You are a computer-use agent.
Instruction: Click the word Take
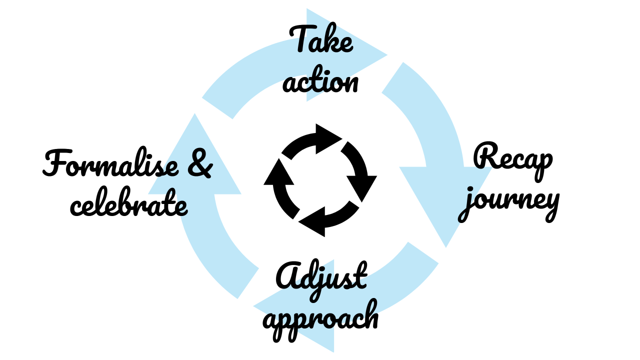pos(321,39)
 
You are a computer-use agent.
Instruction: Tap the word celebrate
pos(129,201)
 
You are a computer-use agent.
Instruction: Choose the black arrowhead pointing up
pos(279,172)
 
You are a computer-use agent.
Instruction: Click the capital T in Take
pos(301,39)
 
